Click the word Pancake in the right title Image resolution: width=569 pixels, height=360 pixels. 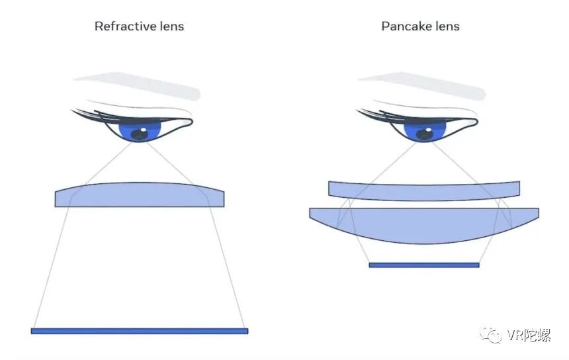pyautogui.click(x=403, y=26)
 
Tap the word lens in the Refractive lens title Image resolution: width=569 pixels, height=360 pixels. pyautogui.click(x=170, y=26)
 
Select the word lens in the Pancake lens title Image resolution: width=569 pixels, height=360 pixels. pyautogui.click(x=446, y=26)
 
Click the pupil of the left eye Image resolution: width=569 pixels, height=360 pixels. pyautogui.click(x=140, y=134)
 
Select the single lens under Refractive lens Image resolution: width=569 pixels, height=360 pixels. pyautogui.click(x=140, y=195)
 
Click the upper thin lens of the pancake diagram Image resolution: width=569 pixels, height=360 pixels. pyautogui.click(x=423, y=191)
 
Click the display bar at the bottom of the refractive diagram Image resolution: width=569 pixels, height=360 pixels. pyautogui.click(x=140, y=331)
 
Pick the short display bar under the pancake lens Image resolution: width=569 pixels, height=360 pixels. pyautogui.click(x=423, y=265)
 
